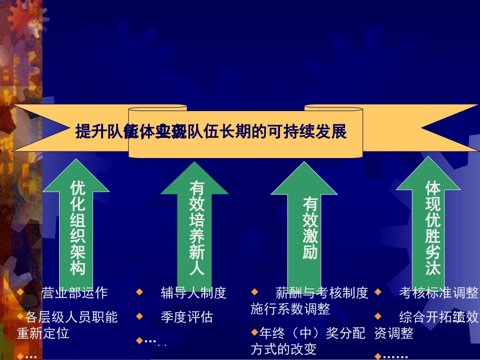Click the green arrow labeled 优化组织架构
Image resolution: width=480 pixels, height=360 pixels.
coord(77,227)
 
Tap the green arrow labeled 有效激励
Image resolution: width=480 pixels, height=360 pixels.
coord(310,227)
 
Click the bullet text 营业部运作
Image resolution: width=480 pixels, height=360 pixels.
coord(75,293)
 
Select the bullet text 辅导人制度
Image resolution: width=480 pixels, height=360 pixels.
coord(194,293)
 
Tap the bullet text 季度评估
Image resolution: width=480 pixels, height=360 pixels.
coord(186,317)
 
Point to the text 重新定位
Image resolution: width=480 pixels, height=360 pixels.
coord(43,333)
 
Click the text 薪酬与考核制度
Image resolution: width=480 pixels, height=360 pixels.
coord(322,293)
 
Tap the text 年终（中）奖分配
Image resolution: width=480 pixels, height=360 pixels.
coord(312,333)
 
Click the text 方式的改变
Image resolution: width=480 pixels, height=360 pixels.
coord(283,349)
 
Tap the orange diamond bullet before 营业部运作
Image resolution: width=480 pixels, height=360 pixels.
coord(20,292)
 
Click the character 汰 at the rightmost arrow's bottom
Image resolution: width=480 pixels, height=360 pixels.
coord(433,268)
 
